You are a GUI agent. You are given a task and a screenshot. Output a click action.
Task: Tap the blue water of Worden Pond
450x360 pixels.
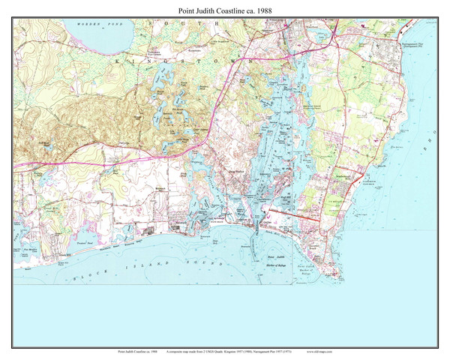[x=97, y=31]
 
